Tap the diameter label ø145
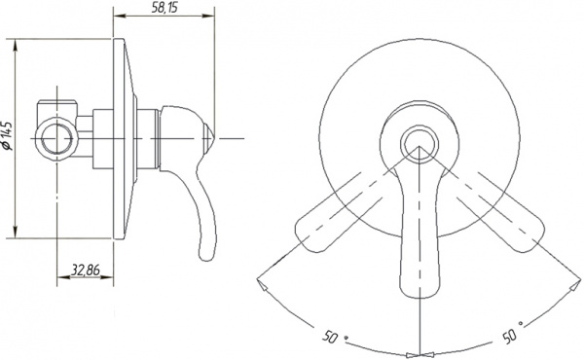click(9, 135)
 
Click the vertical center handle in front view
click(420, 234)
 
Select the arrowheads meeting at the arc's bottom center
click(420, 353)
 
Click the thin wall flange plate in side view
click(121, 137)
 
